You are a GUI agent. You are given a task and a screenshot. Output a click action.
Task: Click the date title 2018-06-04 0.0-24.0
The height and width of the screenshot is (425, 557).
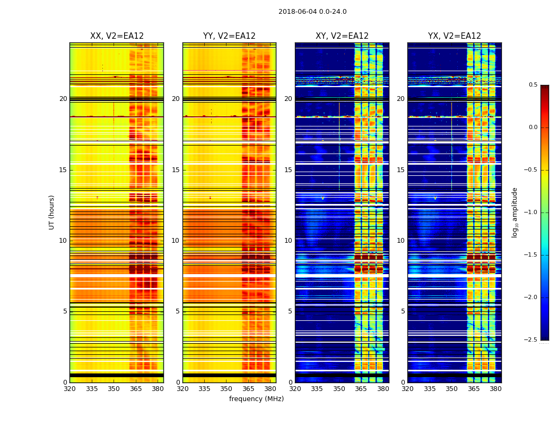[312, 12]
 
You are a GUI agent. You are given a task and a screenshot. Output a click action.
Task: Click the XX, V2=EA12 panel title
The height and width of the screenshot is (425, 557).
[117, 36]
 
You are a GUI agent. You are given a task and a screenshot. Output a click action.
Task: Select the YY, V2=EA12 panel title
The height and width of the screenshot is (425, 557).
[229, 36]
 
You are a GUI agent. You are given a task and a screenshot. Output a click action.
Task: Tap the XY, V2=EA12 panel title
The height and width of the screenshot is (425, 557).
[342, 36]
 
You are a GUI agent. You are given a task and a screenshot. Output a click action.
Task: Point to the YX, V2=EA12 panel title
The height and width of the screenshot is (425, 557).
[455, 36]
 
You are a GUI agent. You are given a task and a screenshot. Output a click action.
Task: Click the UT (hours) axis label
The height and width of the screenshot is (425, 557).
[51, 212]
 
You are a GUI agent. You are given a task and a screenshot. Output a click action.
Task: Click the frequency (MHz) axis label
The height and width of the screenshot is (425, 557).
[256, 399]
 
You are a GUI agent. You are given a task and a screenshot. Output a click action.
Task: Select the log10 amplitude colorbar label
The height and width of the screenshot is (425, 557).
[515, 212]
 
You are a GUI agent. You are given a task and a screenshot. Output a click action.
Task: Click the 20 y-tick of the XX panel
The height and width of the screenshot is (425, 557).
[63, 99]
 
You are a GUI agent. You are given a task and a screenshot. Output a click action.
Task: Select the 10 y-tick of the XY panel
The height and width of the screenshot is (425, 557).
[289, 241]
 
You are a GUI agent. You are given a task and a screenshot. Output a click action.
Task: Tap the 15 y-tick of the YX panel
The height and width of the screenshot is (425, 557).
[401, 170]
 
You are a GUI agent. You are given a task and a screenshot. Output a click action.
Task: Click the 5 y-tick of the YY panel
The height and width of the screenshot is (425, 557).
[178, 311]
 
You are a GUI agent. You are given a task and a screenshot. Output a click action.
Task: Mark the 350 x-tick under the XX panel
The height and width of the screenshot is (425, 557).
[114, 389]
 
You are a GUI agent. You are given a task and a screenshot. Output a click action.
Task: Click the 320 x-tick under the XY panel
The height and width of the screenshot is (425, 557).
[295, 389]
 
